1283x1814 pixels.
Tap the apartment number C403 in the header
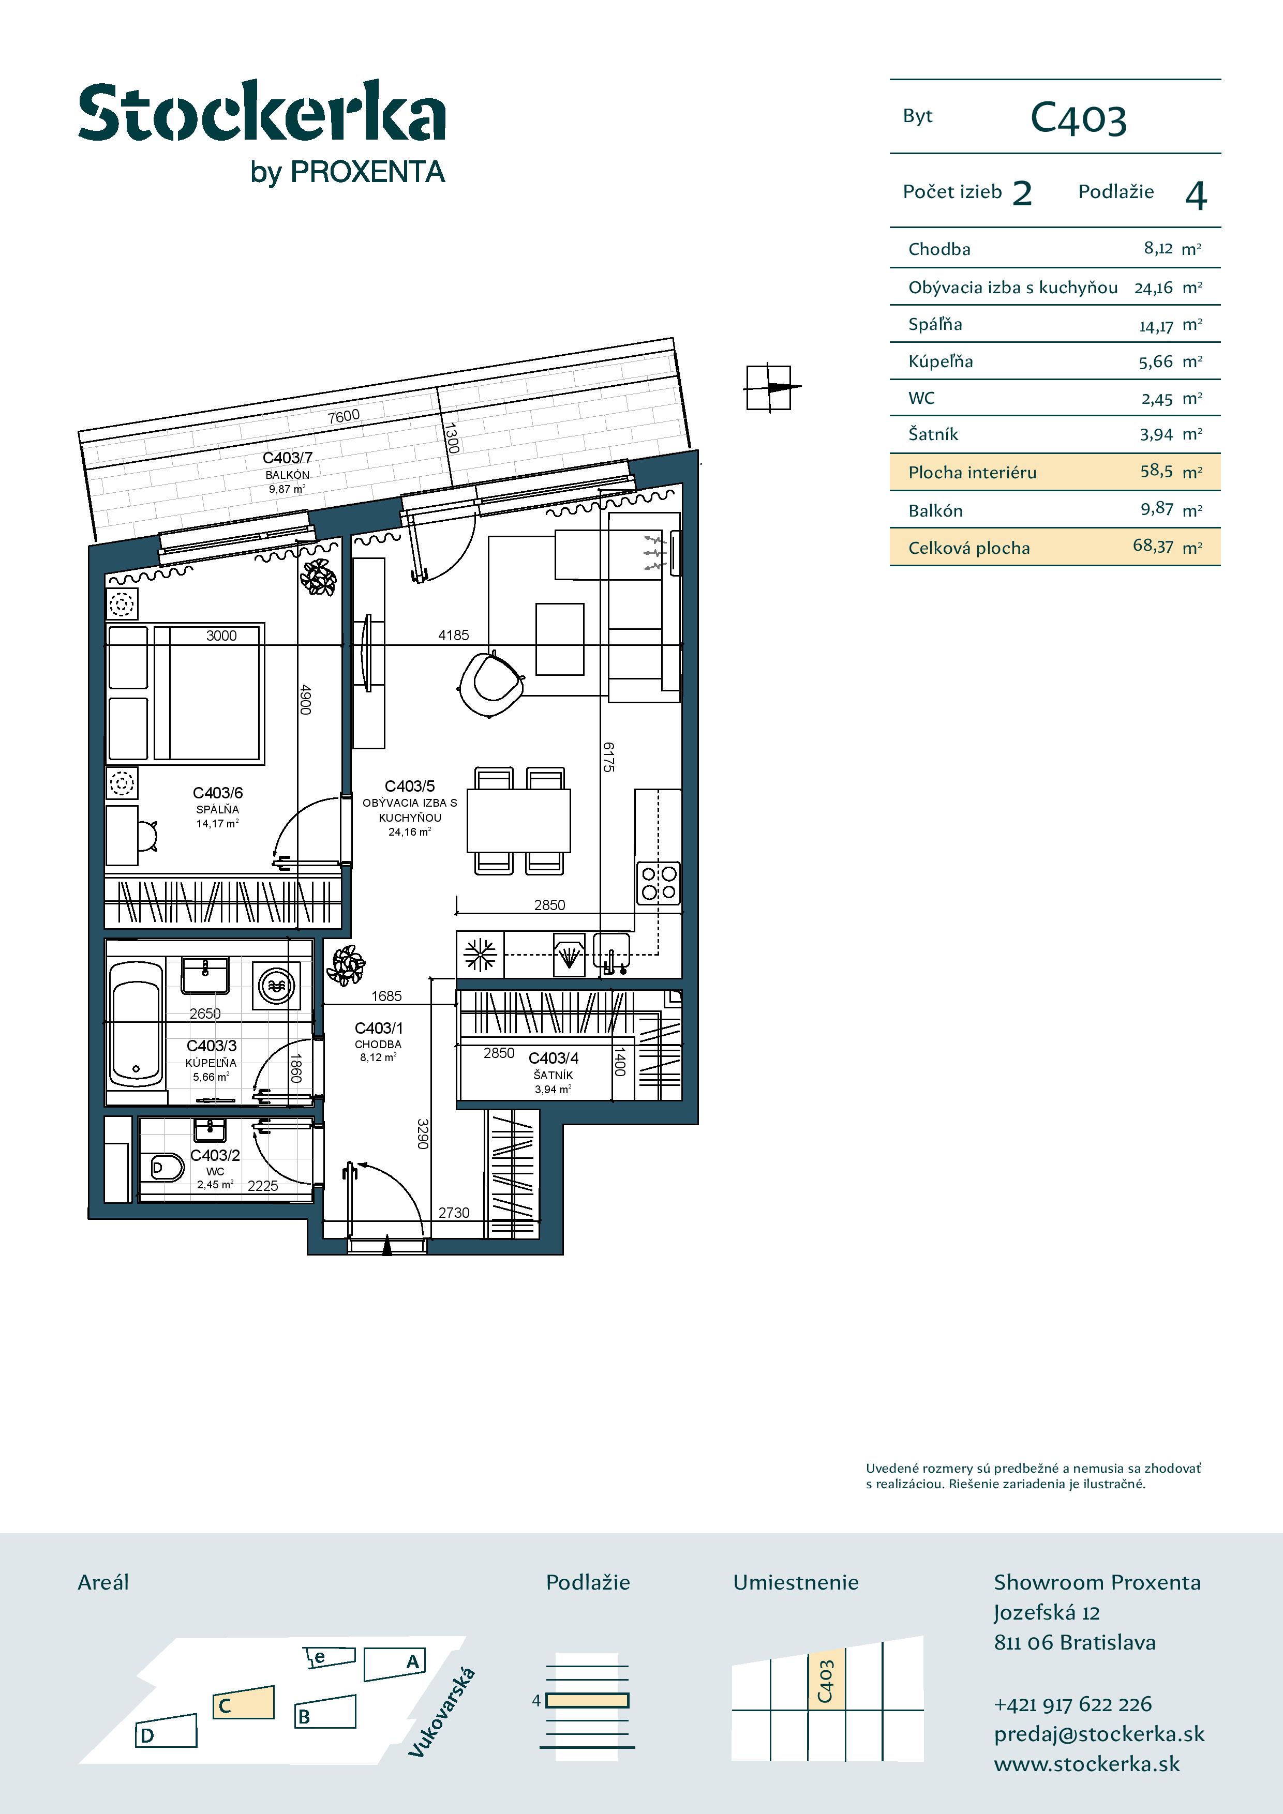click(x=1078, y=119)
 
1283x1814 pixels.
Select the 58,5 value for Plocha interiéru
click(x=1157, y=471)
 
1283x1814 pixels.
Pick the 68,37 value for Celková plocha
click(x=1153, y=546)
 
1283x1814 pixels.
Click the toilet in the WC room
click(x=166, y=1167)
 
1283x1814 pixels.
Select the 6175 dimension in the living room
click(x=608, y=756)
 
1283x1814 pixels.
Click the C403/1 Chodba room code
click(x=379, y=1028)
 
